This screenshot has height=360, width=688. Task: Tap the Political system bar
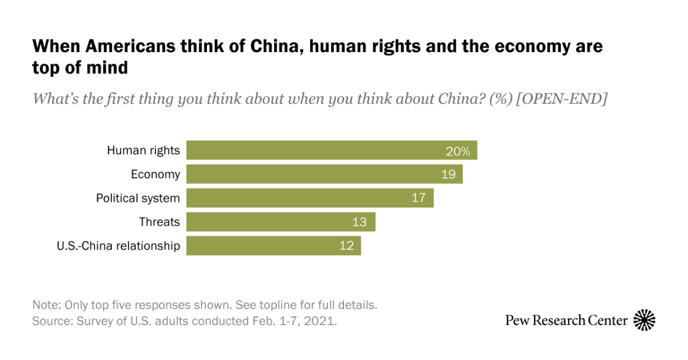point(298,198)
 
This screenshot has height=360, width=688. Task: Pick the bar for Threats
point(269,222)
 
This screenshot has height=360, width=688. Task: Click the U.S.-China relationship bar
point(264,246)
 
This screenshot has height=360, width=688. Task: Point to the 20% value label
point(458,151)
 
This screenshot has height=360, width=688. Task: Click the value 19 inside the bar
point(448,175)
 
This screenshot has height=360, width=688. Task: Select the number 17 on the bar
point(419,198)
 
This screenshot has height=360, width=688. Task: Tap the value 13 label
point(359,222)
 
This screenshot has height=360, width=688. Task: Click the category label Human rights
point(143,151)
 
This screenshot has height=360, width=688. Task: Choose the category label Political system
point(138,198)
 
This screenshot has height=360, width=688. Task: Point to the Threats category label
point(159,222)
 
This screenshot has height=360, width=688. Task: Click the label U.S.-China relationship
point(118,246)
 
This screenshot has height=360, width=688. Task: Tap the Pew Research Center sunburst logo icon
point(644,320)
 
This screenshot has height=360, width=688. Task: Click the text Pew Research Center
point(566,320)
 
